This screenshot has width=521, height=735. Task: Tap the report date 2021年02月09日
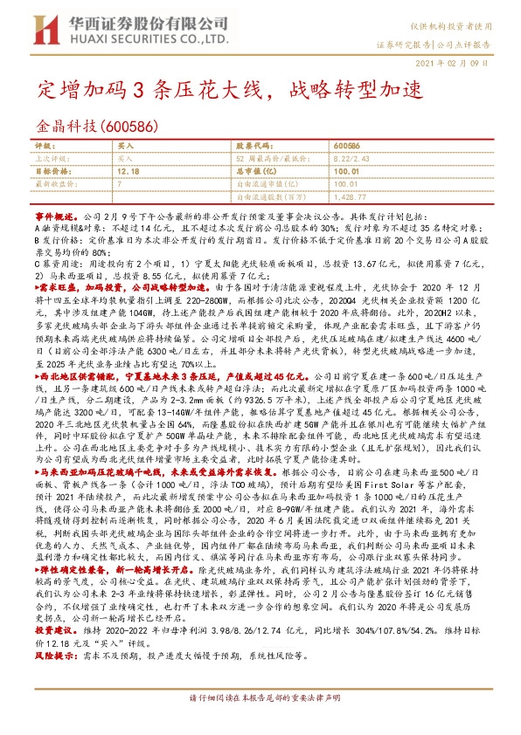pyautogui.click(x=456, y=64)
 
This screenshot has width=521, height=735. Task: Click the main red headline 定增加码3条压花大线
pyautogui.click(x=157, y=89)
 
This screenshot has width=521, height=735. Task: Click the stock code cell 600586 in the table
pyautogui.click(x=347, y=147)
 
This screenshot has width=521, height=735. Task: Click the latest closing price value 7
pyautogui.click(x=118, y=185)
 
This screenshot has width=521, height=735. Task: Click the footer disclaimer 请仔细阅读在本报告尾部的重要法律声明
pyautogui.click(x=260, y=722)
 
